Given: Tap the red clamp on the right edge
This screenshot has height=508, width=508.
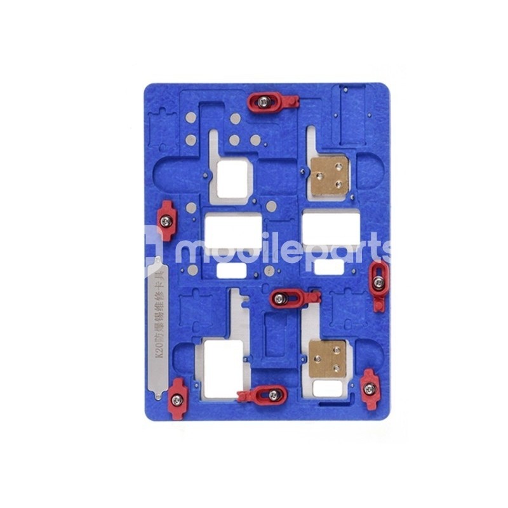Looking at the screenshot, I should (x=378, y=285).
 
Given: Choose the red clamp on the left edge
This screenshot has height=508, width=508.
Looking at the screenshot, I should (x=166, y=220).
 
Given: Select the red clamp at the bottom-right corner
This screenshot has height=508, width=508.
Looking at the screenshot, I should (x=369, y=389).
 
